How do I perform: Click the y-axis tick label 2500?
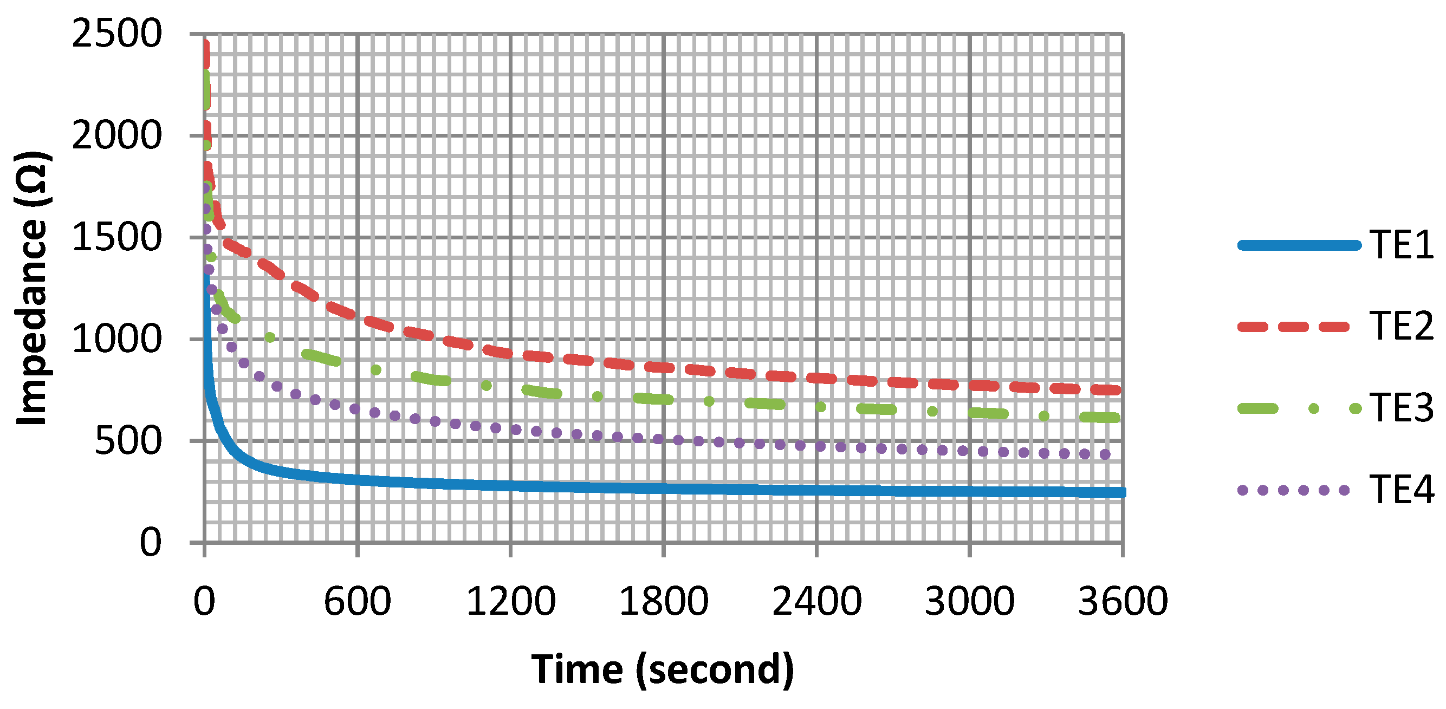click(x=117, y=34)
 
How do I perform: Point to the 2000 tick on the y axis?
click(x=117, y=136)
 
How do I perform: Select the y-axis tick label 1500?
click(x=117, y=238)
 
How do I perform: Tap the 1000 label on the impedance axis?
click(x=117, y=340)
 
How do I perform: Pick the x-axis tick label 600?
click(x=357, y=601)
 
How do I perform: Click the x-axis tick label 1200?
click(x=510, y=601)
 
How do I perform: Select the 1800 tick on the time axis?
click(x=664, y=601)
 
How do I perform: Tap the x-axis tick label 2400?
click(x=817, y=601)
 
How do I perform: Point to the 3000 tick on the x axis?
click(x=969, y=601)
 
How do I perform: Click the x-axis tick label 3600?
click(x=1123, y=601)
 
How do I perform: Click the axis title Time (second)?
click(x=663, y=669)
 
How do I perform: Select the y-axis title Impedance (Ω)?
click(x=33, y=288)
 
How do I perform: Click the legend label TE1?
click(x=1400, y=245)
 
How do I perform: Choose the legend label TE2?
click(x=1400, y=327)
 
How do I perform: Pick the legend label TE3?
click(x=1400, y=408)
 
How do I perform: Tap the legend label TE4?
click(x=1400, y=490)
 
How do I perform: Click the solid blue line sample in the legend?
click(x=1299, y=245)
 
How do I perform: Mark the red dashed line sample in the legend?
click(x=1293, y=327)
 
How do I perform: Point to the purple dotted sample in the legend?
click(x=1293, y=490)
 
